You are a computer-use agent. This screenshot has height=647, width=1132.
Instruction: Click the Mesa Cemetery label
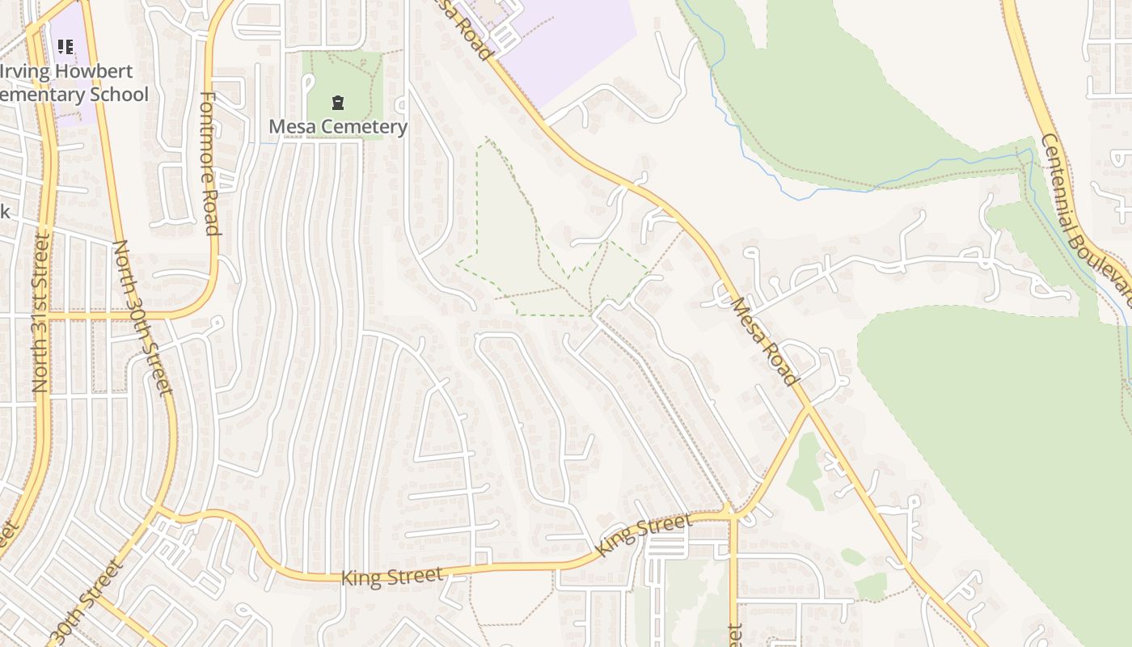tap(338, 127)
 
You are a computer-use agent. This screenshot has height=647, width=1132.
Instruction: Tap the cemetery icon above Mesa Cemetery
tap(337, 103)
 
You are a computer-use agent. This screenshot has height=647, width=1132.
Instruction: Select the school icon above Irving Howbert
tap(65, 47)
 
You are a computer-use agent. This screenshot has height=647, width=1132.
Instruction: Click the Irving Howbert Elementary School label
tap(74, 82)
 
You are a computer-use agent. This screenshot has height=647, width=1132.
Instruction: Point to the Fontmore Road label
tap(209, 163)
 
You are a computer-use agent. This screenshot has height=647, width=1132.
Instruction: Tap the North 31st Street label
tap(40, 313)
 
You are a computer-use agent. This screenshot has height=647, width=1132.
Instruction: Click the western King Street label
tap(392, 577)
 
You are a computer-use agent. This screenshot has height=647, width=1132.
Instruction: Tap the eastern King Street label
tap(644, 535)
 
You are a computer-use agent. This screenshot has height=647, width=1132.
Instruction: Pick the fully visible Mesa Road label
tap(764, 341)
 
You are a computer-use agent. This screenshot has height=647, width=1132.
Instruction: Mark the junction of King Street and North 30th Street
tap(162, 514)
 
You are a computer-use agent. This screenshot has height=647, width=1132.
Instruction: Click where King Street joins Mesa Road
tap(809, 408)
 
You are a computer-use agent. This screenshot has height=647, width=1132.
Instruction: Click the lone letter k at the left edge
tap(4, 212)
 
